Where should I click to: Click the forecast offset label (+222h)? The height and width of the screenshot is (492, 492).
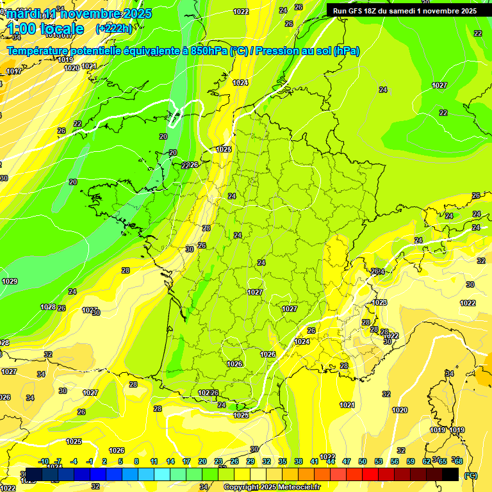click(113, 28)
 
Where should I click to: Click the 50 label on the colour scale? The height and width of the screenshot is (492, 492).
click(363, 461)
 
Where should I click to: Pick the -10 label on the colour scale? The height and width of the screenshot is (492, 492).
click(44, 461)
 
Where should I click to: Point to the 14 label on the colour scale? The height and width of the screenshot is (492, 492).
click(170, 461)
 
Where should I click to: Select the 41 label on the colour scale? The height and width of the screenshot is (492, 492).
click(315, 461)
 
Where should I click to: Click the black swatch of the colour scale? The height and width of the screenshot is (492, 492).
click(450, 474)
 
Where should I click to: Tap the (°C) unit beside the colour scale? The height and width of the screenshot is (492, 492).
click(471, 475)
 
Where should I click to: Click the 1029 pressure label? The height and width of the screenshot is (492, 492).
click(10, 281)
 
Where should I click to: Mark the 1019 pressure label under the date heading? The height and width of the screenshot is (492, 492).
click(65, 60)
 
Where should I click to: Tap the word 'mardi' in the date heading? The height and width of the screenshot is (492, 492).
click(22, 13)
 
